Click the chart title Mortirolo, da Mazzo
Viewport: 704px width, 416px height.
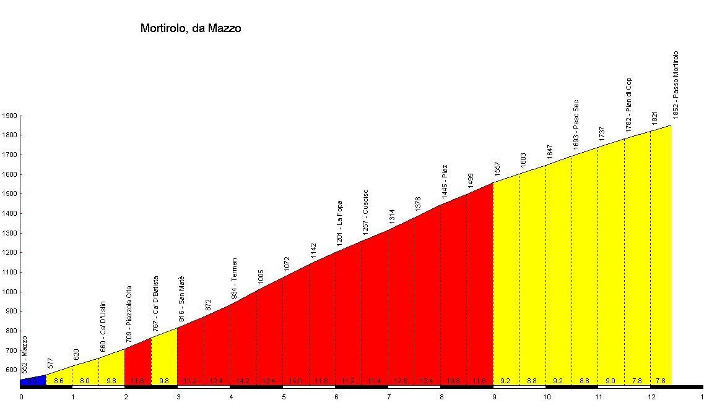191,28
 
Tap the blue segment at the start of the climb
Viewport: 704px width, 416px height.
33,380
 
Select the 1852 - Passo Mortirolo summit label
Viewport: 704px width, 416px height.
676,85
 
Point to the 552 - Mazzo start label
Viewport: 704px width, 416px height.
25,354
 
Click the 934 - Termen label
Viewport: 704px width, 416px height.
235,279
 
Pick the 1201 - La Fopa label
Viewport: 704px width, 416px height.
340,223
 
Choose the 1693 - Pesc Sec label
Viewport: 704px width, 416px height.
576,125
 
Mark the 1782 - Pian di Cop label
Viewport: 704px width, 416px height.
629,105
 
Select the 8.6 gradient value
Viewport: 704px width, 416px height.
59,381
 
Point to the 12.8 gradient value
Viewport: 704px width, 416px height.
401,381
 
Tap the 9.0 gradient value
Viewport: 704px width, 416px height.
611,381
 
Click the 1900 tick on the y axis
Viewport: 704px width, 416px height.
9,116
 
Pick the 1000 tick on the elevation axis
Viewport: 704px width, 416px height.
9,292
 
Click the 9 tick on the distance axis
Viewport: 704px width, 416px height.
493,397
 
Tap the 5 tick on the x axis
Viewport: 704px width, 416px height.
284,397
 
